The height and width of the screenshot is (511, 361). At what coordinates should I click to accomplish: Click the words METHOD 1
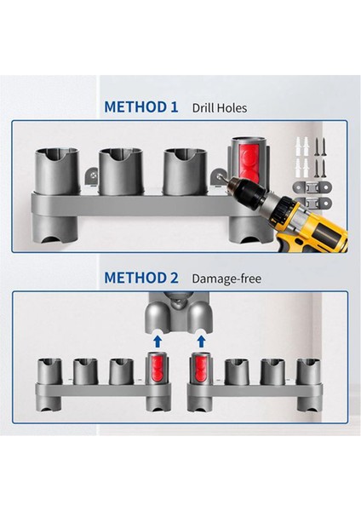[x=140, y=108]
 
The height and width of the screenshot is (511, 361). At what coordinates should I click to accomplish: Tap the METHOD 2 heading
[x=140, y=278]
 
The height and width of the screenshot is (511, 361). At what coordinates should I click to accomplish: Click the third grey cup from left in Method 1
[x=181, y=169]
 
